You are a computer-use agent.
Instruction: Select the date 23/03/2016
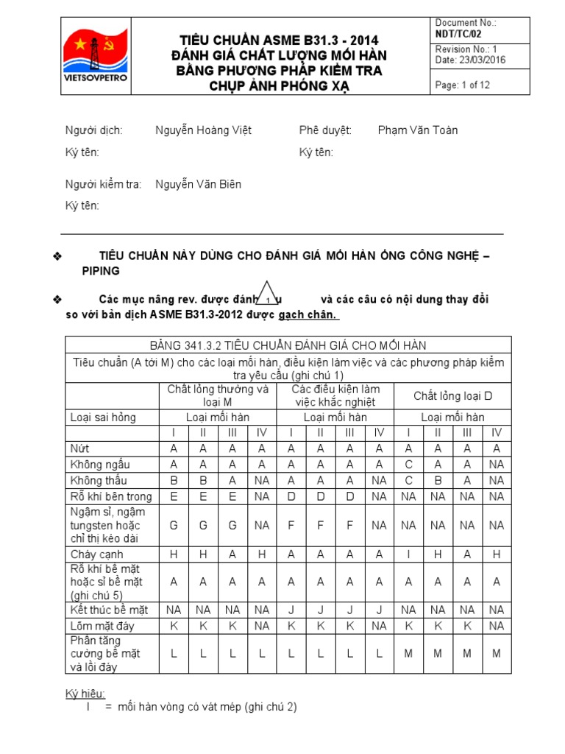463,60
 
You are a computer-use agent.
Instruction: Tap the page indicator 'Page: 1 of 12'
463,85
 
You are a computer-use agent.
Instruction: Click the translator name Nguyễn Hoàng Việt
203,130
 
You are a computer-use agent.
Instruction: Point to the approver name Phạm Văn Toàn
418,130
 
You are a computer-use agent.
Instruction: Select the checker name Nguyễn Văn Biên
198,184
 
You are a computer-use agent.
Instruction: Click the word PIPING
100,271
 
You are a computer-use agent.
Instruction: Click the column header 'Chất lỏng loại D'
452,396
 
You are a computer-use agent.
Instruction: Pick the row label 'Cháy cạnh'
96,554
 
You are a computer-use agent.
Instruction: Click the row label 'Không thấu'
102,480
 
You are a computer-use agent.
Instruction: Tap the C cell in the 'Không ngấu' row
409,464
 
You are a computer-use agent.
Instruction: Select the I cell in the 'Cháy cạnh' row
409,554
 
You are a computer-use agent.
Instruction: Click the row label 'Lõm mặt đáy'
102,626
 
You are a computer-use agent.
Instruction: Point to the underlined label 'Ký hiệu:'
86,694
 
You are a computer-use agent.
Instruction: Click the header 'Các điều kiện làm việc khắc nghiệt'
335,395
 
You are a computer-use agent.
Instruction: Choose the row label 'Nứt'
79,448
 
